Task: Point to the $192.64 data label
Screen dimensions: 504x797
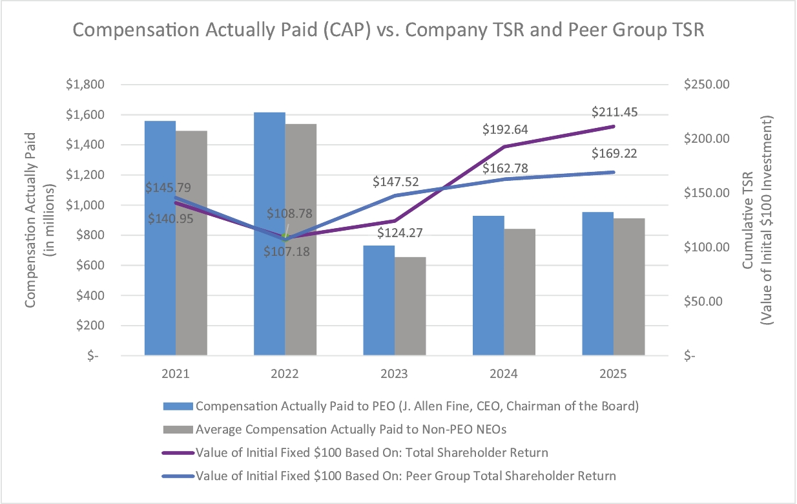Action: (x=504, y=129)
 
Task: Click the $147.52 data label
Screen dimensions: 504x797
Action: (x=395, y=182)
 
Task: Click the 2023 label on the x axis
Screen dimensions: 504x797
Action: (x=394, y=374)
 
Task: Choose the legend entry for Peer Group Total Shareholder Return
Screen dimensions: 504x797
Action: (x=406, y=476)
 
